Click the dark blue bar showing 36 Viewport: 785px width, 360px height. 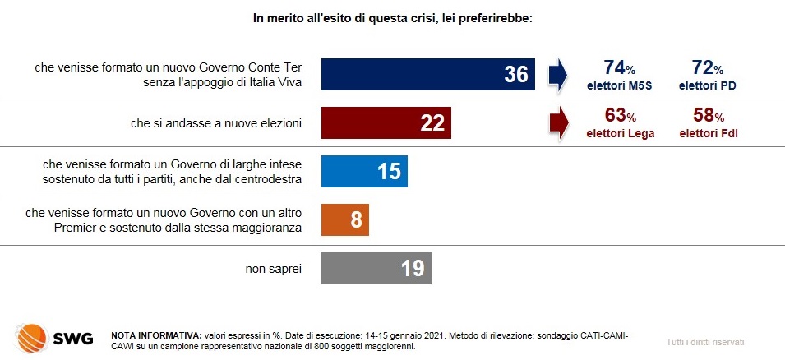(428, 74)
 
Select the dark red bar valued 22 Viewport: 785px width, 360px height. (386, 122)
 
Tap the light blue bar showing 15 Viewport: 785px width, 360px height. (364, 171)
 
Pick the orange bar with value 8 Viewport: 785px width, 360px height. (345, 219)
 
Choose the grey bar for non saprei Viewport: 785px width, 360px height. (376, 269)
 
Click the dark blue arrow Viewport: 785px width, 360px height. (557, 75)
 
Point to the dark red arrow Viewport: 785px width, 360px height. (559, 123)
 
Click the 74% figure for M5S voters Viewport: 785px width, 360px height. (621, 67)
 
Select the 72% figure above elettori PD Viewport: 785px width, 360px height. (708, 67)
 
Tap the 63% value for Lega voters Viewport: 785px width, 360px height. (621, 116)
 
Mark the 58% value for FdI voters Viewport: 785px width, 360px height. (709, 116)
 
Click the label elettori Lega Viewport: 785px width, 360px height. (621, 134)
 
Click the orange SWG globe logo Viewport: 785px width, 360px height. (31, 338)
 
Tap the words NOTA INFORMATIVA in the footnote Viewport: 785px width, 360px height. (156, 335)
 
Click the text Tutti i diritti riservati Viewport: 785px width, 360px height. (705, 343)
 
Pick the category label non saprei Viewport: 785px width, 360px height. (274, 269)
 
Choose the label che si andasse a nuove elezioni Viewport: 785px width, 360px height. (216, 123)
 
